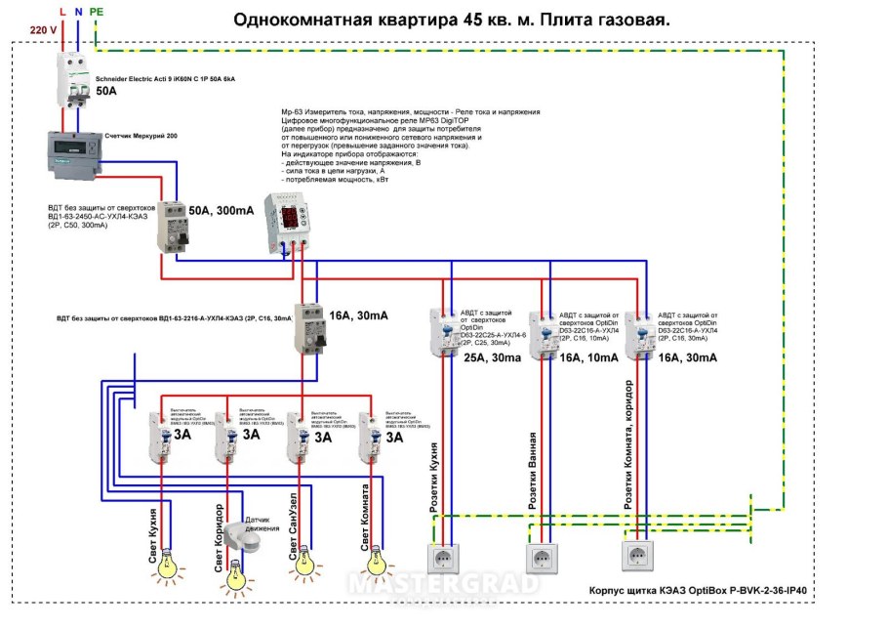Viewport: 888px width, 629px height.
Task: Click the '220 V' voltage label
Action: [43, 30]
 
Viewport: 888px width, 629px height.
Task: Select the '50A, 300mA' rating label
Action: [222, 211]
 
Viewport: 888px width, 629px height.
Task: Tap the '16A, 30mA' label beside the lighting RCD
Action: [358, 315]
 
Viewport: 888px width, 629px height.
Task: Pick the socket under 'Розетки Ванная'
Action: [543, 558]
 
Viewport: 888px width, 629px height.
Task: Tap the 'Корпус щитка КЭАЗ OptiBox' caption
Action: [704, 591]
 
